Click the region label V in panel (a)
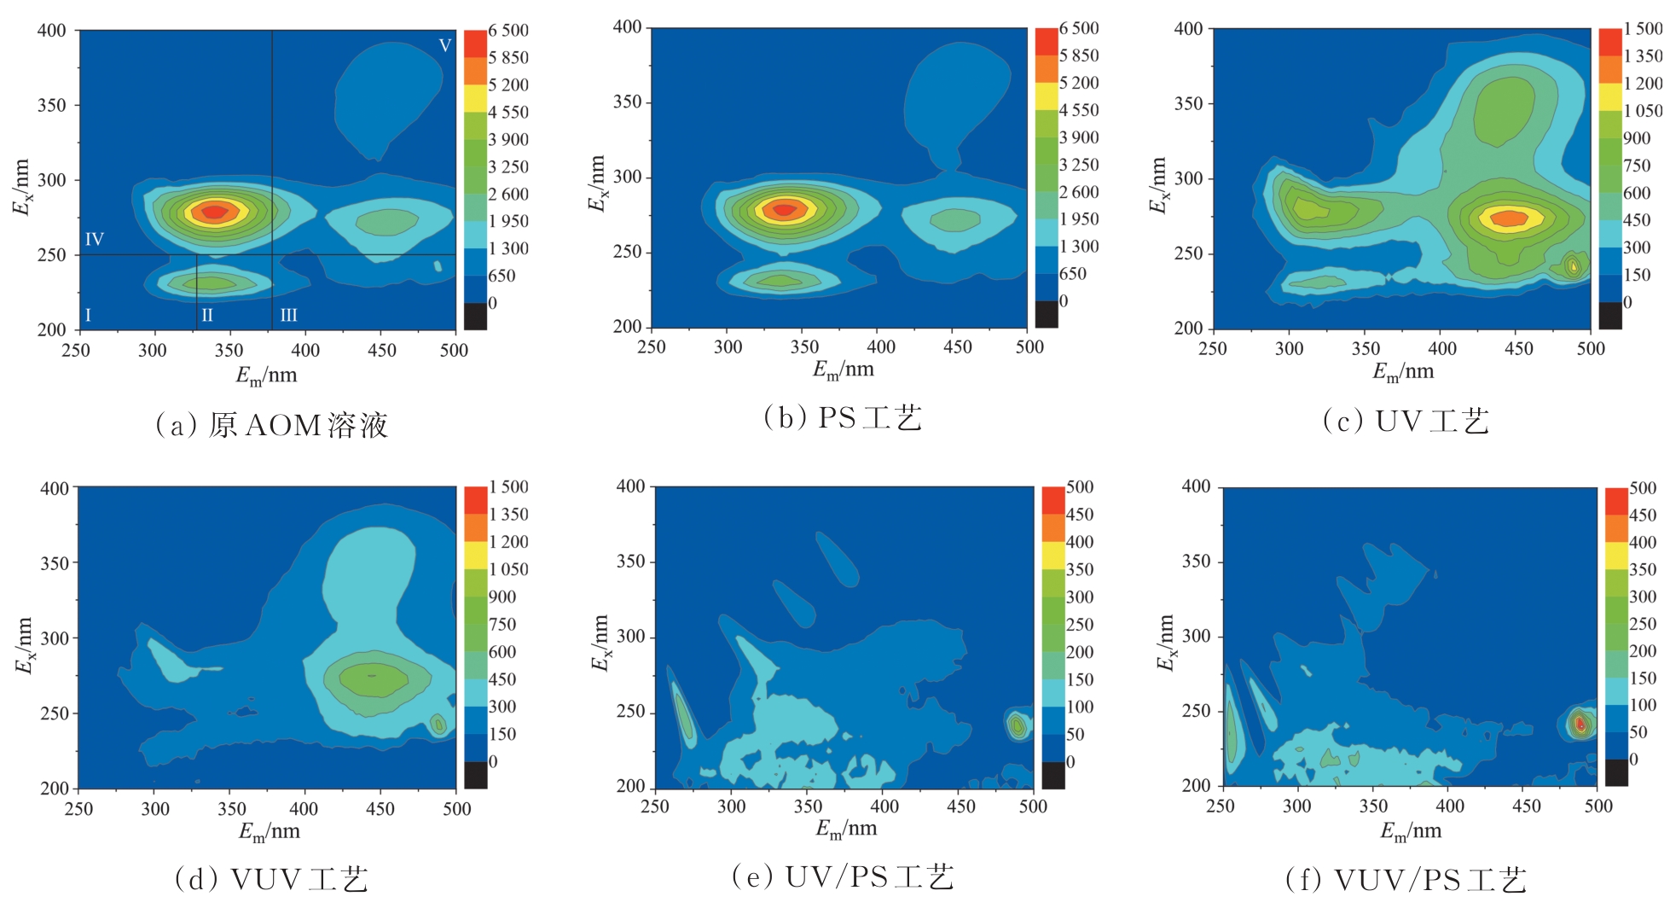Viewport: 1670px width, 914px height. pyautogui.click(x=444, y=45)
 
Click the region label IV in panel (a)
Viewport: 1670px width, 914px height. pyautogui.click(x=95, y=239)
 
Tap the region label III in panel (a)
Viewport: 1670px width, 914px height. pyautogui.click(x=289, y=315)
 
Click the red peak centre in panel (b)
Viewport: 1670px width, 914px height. pyautogui.click(x=784, y=209)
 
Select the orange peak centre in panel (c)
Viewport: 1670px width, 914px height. pyautogui.click(x=1510, y=218)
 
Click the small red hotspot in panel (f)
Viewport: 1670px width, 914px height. pyautogui.click(x=1580, y=724)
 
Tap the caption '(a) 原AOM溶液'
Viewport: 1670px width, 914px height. pyautogui.click(x=271, y=425)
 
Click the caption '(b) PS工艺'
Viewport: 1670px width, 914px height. pyautogui.click(x=843, y=418)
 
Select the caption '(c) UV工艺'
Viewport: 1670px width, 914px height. pyautogui.click(x=1406, y=421)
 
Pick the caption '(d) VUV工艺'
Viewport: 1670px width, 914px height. pyautogui.click(x=271, y=879)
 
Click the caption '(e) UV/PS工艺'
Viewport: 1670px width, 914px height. pyautogui.click(x=843, y=876)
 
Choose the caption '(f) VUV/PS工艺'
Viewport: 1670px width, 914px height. pyautogui.click(x=1406, y=880)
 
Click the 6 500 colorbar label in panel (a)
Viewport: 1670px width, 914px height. pyautogui.click(x=508, y=31)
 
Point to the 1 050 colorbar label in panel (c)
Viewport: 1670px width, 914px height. pyautogui.click(x=1643, y=111)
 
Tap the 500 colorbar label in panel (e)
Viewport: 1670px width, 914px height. pyautogui.click(x=1080, y=487)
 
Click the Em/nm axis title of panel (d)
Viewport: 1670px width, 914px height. pyautogui.click(x=269, y=831)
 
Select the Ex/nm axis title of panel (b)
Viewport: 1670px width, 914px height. pyautogui.click(x=598, y=183)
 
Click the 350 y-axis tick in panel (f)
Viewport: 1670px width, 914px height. pyautogui.click(x=1196, y=562)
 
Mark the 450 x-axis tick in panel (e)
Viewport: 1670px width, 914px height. pyautogui.click(x=960, y=806)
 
